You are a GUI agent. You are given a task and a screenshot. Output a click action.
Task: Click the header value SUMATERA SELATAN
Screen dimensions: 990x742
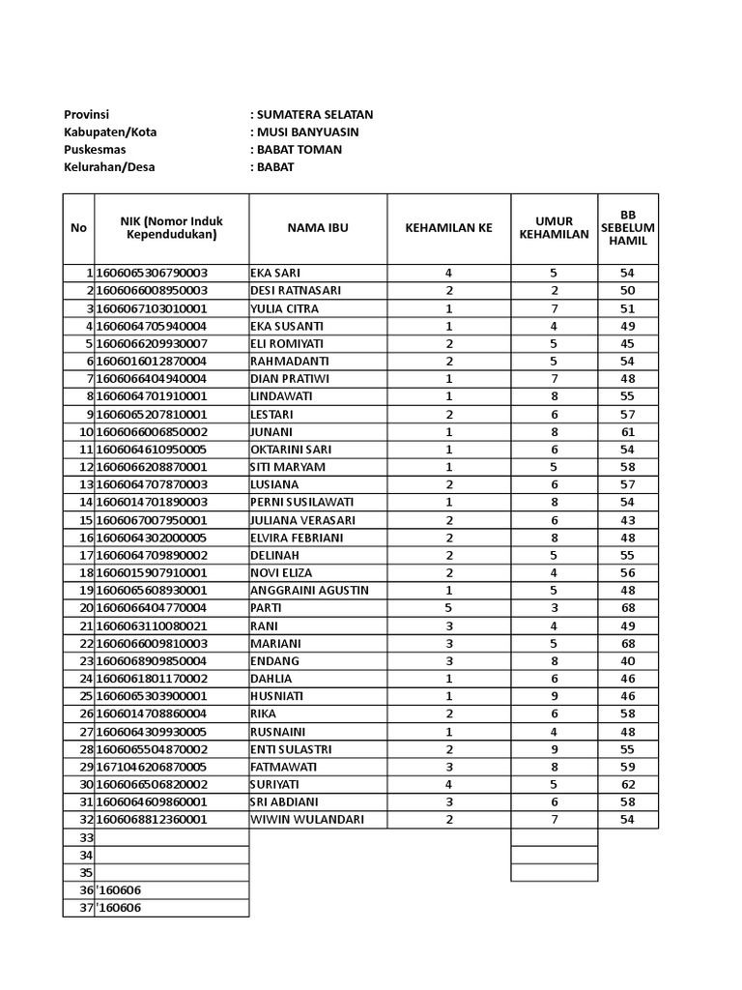[314, 114]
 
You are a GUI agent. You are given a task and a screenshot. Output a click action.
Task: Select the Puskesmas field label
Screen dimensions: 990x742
[95, 149]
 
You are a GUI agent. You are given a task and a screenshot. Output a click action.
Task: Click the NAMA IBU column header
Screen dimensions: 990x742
[318, 228]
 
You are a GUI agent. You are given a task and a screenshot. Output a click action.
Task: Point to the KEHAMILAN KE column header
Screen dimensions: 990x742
[448, 228]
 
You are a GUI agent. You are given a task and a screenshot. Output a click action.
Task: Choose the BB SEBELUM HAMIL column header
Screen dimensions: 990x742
[628, 228]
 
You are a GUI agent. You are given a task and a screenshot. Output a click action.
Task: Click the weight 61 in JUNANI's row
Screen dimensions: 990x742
[628, 432]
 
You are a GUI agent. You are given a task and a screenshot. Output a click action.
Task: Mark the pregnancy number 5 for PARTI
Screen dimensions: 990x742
[449, 608]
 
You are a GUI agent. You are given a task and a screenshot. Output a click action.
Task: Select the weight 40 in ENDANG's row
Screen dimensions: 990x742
[628, 661]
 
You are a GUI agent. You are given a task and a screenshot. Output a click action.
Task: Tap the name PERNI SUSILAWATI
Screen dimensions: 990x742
[295, 503]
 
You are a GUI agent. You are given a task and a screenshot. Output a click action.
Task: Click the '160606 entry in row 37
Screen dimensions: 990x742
[122, 908]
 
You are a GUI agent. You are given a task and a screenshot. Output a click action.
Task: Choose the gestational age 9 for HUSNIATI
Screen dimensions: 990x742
[555, 696]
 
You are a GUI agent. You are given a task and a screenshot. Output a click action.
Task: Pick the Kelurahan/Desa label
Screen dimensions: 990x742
[109, 166]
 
